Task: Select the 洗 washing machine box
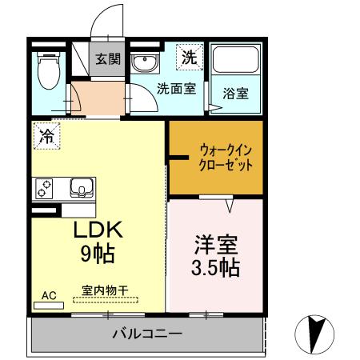(x=188, y=58)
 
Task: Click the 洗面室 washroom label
(x=175, y=88)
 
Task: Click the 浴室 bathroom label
(x=234, y=93)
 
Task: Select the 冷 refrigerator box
(x=47, y=136)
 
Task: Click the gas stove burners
(x=45, y=189)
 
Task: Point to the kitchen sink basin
(x=82, y=189)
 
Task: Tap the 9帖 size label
(x=97, y=255)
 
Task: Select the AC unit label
(x=50, y=295)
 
